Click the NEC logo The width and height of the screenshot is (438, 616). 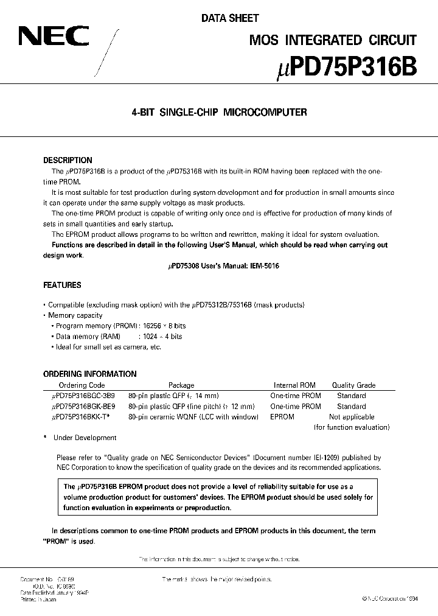tap(54, 38)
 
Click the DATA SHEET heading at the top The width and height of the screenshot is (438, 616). tap(230, 18)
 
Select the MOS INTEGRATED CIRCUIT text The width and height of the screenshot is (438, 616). tap(333, 40)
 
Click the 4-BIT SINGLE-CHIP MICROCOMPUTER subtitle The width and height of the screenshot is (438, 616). tap(220, 112)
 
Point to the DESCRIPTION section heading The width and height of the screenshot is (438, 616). tap(68, 160)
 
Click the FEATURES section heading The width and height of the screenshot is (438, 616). tap(62, 285)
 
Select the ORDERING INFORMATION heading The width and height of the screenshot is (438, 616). tap(90, 374)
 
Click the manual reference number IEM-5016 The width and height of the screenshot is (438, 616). tap(263, 266)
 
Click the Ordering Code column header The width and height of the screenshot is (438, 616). tap(82, 385)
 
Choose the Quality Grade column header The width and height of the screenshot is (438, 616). tap(353, 385)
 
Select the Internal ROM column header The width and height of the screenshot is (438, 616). tap(294, 385)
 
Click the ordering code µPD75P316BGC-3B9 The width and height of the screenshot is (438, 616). tap(83, 396)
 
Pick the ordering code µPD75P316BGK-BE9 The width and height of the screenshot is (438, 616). tap(83, 406)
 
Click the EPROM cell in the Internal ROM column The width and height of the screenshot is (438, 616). tap(282, 417)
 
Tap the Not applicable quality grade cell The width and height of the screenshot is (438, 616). tap(352, 417)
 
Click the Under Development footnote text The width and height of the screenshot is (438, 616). tap(85, 438)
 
